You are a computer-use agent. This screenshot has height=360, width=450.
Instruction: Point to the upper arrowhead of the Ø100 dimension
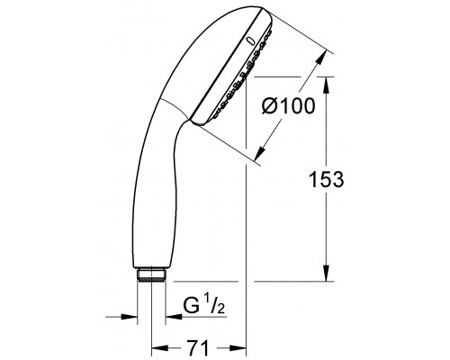319,58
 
